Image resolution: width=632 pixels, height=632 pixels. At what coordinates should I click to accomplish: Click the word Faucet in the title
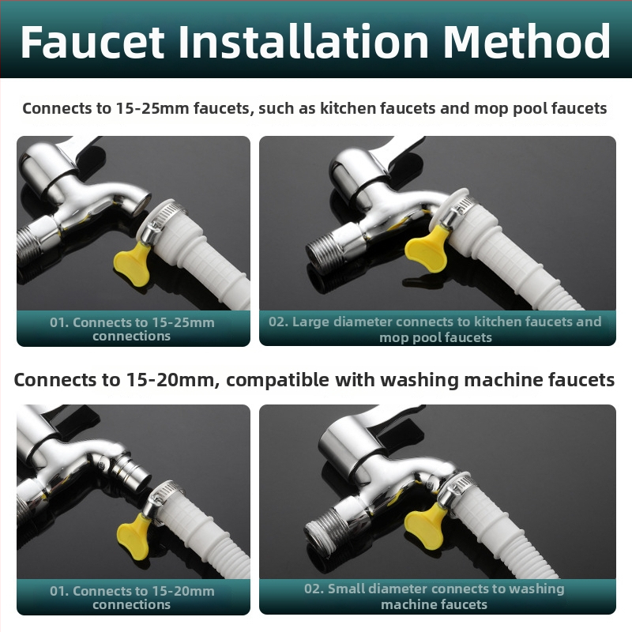[x=92, y=42]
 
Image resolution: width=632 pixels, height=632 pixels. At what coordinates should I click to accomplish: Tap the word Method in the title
[x=527, y=41]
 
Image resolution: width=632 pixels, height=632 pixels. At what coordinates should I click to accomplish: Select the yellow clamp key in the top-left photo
[x=133, y=263]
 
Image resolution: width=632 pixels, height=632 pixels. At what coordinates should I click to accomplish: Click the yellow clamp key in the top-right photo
[x=426, y=248]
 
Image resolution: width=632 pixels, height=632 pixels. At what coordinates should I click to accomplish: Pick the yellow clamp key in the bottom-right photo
[x=424, y=526]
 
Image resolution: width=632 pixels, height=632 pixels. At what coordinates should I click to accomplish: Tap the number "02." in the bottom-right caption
[x=314, y=589]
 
